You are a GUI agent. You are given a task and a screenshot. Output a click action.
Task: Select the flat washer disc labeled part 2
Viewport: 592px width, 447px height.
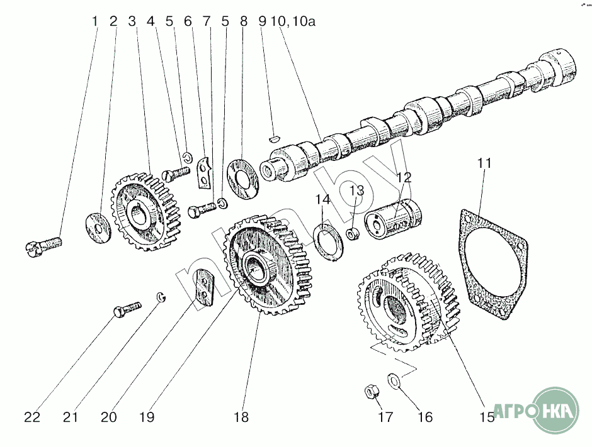[x=98, y=228]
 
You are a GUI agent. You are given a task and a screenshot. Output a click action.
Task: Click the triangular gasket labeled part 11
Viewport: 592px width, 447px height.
[x=492, y=264]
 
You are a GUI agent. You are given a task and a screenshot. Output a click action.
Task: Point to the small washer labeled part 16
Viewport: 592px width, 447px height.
[x=394, y=380]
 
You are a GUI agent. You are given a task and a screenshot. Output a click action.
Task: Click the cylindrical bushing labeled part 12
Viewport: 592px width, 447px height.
[x=392, y=219]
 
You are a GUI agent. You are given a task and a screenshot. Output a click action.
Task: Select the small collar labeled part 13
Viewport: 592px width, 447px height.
[x=353, y=233]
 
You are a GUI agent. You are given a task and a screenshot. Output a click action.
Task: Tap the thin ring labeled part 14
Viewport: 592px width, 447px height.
[x=329, y=242]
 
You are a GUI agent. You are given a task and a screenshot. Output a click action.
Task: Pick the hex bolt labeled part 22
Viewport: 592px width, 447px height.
[x=127, y=308]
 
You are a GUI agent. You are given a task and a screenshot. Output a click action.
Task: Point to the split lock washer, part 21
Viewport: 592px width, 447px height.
[x=162, y=297]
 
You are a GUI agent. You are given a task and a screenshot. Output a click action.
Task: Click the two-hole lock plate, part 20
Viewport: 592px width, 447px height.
[x=204, y=287]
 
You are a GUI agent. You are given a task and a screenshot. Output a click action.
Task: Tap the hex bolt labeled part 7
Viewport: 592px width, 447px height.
[x=202, y=209]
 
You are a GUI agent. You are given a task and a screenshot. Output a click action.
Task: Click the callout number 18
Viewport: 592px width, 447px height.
[x=241, y=417]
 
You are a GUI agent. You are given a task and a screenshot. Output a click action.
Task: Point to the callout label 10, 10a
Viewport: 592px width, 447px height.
[x=292, y=21]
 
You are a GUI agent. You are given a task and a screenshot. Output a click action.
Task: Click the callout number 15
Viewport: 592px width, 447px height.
[x=487, y=417]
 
